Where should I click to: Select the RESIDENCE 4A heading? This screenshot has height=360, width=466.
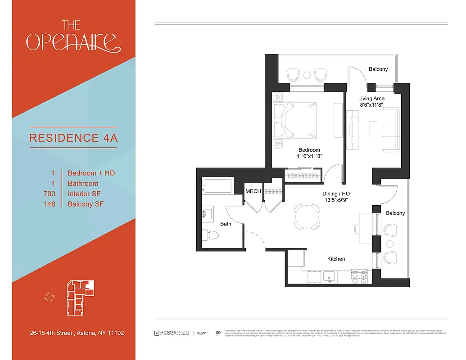[x=73, y=138]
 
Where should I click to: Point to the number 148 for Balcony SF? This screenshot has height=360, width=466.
[x=50, y=204]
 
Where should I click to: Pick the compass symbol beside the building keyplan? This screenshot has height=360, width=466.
[x=50, y=297]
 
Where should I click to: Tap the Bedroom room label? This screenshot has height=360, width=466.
[x=309, y=150]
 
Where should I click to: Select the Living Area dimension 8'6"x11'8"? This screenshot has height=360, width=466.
[x=371, y=105]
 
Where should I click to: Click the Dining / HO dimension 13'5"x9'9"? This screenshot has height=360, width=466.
[x=335, y=200]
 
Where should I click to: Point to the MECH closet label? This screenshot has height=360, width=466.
[x=253, y=191]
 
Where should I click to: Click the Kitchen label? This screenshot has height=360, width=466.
[x=336, y=259]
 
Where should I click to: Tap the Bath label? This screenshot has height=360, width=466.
[x=226, y=224]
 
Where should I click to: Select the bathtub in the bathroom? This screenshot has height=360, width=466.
[x=217, y=185]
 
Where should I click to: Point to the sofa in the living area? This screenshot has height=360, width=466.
[x=390, y=130]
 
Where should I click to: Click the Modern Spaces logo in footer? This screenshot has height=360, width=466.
[x=172, y=333]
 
